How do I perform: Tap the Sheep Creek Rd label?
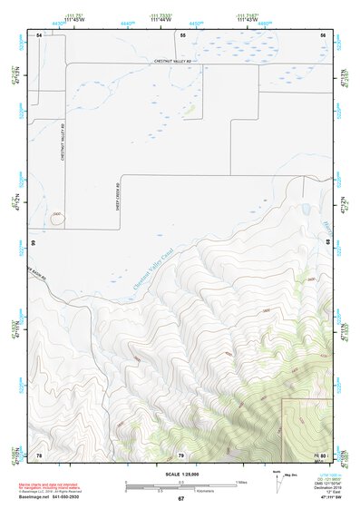pos(118,201)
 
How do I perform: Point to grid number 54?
pos(39,34)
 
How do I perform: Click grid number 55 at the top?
pos(182,34)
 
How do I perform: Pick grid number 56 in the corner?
pos(322,34)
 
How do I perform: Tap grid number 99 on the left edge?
pos(33,244)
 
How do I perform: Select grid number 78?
pos(39,454)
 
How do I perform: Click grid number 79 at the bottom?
pos(180,454)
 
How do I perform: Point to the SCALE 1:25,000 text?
pos(180,473)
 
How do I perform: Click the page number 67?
pos(180,499)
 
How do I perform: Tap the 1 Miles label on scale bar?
pos(241,481)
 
